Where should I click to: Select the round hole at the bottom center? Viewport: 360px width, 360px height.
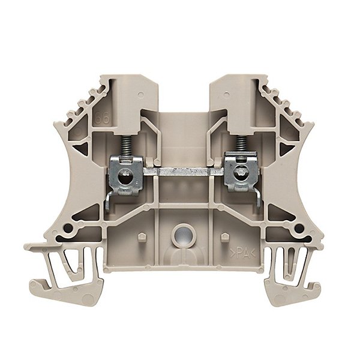[x=179, y=234]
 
